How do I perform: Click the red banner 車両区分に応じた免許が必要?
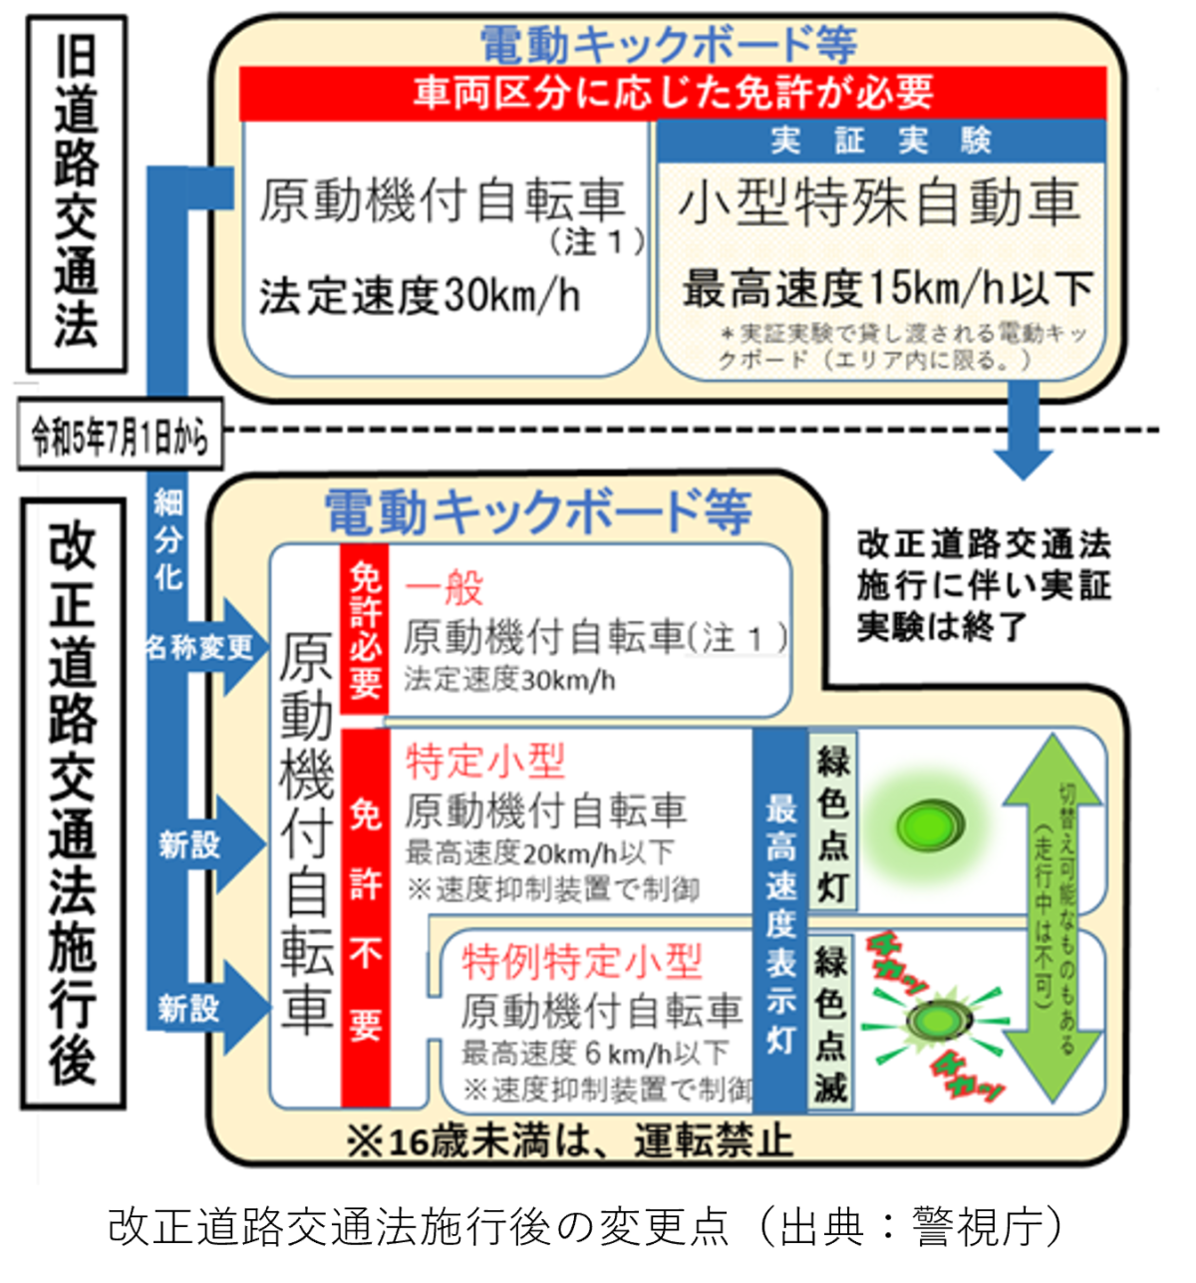(673, 93)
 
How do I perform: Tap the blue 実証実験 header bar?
(881, 141)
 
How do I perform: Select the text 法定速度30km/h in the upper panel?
(420, 296)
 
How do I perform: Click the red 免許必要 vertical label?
(365, 628)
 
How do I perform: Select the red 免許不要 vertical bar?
(365, 917)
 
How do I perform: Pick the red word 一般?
(445, 587)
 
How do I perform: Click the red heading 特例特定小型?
(582, 961)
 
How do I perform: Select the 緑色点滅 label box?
(831, 1022)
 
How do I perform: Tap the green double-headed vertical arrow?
(1050, 917)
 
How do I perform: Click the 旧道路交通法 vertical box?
(75, 193)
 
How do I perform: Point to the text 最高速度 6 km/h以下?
(595, 1053)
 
